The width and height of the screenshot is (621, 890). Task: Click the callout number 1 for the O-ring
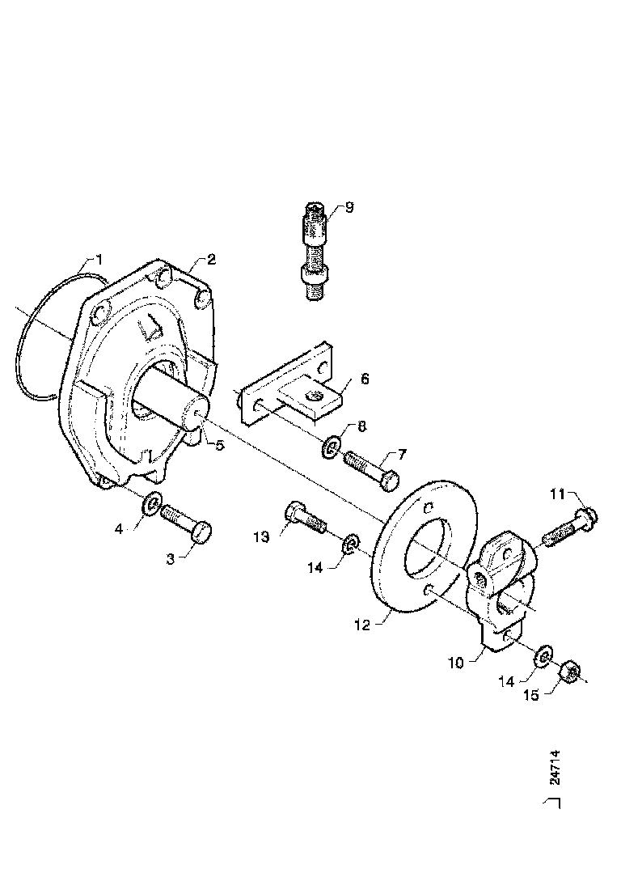[x=99, y=260]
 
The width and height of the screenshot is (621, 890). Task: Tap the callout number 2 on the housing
[x=211, y=260]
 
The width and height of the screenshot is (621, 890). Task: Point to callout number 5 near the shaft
[x=219, y=444]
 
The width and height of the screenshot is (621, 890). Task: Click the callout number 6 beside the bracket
[x=364, y=379]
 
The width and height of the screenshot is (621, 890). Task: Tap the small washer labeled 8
[x=332, y=446]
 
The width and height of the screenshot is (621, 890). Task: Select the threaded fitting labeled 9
[x=314, y=251]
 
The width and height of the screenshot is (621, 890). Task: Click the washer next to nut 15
[x=543, y=654]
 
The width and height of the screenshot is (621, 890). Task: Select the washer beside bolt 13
[x=350, y=543]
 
